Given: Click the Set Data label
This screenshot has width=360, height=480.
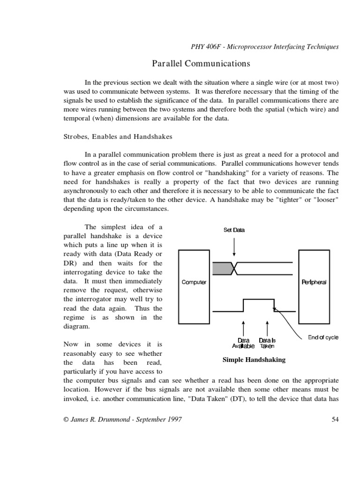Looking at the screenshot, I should coord(234,230).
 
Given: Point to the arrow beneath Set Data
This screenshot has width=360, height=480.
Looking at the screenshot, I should coord(234,246).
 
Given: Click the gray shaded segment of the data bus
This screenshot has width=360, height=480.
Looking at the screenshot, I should coord(222,268).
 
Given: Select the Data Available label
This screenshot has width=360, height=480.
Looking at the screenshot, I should coord(243,343).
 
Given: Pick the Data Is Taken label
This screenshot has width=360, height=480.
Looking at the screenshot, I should coord(267,343).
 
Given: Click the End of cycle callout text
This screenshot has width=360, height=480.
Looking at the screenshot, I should coord(323,337).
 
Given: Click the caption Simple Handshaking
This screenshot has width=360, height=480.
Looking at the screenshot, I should coord(254,360).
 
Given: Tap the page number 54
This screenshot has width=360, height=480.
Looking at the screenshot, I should coord(335,420).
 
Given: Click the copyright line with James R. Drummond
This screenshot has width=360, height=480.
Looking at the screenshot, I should coord(122,420).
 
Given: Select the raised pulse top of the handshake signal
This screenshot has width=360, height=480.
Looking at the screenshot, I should coord(258,299).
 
